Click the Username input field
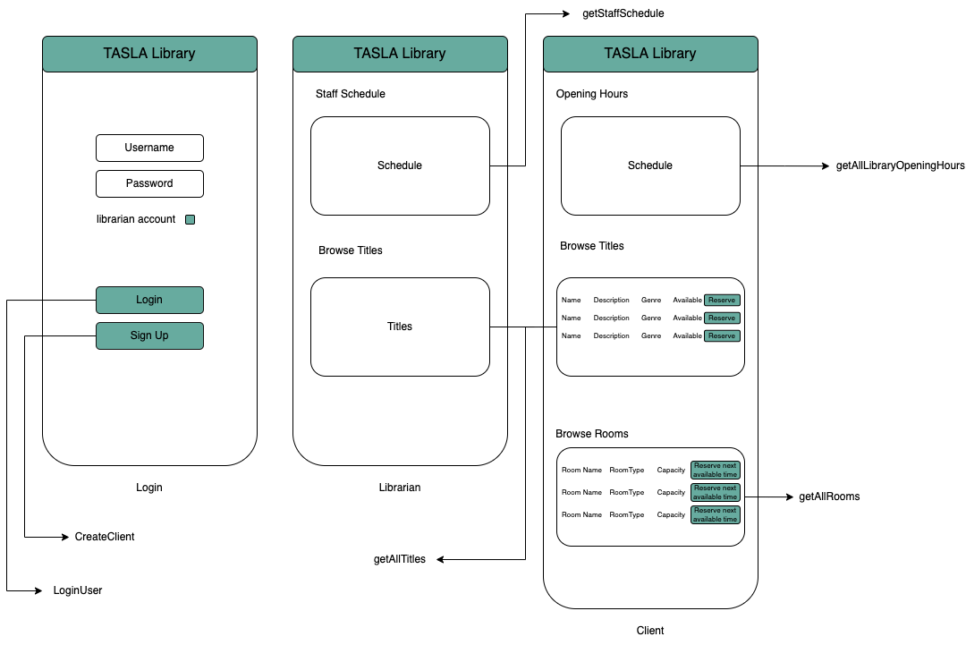pyautogui.click(x=149, y=148)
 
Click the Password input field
pyautogui.click(x=149, y=183)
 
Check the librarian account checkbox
pyautogui.click(x=190, y=220)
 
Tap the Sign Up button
pyautogui.click(x=149, y=335)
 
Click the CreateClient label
pyautogui.click(x=105, y=537)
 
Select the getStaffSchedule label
pyautogui.click(x=623, y=13)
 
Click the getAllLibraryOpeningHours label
pyautogui.click(x=900, y=165)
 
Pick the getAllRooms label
pyautogui.click(x=829, y=496)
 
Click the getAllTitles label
pyautogui.click(x=399, y=559)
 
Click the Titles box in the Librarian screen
pyautogui.click(x=400, y=327)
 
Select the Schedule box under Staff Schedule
pyautogui.click(x=400, y=165)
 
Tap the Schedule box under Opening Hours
pyautogui.click(x=650, y=165)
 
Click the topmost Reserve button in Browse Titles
pyautogui.click(x=722, y=300)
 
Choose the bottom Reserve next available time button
pyautogui.click(x=715, y=514)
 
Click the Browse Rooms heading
pyautogui.click(x=592, y=434)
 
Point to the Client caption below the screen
pyautogui.click(x=650, y=631)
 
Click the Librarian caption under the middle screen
pyautogui.click(x=400, y=488)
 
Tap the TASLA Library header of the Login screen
pyautogui.click(x=149, y=54)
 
